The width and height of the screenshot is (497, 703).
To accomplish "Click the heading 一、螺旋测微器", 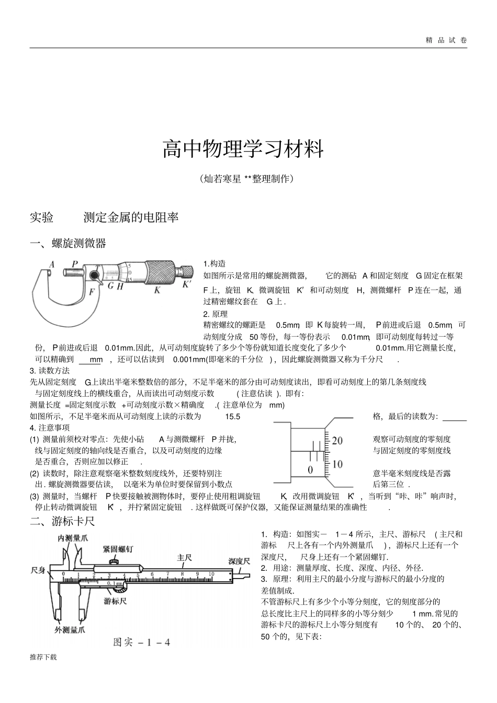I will [x=68, y=243].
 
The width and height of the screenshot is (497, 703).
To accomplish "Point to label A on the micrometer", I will [x=52, y=264].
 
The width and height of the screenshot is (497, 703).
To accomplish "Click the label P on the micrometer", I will [x=75, y=264].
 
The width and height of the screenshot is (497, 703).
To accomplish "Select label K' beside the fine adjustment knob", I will [x=187, y=285].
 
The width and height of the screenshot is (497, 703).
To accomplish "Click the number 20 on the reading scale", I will [x=337, y=441].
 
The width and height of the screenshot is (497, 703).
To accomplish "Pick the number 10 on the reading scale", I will [x=337, y=464].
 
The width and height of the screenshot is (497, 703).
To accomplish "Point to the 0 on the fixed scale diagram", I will [x=310, y=470].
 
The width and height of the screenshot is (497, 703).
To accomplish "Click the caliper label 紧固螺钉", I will [x=117, y=549].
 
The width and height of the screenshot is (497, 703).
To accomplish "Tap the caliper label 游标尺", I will [x=115, y=601].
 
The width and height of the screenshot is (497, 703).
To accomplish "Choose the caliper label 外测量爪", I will [x=70, y=630].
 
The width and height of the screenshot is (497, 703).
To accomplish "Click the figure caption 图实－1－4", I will [x=142, y=642].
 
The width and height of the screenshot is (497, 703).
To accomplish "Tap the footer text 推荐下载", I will [x=43, y=657].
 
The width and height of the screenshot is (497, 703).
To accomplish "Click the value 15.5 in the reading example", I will [x=232, y=417].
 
